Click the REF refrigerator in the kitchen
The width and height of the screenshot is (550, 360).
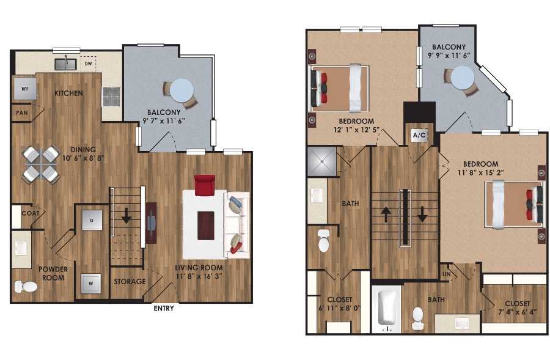[25, 89]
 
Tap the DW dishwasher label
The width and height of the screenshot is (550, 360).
[88, 64]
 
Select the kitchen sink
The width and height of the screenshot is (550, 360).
[65, 63]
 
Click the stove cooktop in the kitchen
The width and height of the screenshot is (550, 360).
[111, 95]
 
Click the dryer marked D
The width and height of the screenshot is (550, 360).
[92, 219]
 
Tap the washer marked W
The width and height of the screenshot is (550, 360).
[91, 283]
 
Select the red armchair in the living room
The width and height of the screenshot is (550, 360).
[204, 184]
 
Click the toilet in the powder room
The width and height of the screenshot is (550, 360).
[26, 287]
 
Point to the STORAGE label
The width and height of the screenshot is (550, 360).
[130, 282]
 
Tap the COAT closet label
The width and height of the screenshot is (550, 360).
[30, 213]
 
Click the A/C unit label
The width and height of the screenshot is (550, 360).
[419, 135]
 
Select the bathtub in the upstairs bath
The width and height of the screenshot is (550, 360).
[387, 308]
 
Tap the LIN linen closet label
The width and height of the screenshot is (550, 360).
[446, 274]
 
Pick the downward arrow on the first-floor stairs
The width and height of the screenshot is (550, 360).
[127, 216]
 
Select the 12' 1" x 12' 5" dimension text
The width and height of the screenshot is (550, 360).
[340, 130]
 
